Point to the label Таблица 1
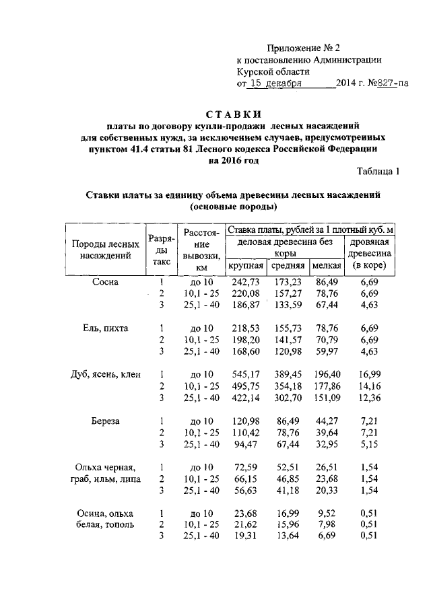tap(378, 171)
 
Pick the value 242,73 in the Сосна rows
tap(245, 282)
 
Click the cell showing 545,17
tap(245, 375)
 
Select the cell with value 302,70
tap(288, 398)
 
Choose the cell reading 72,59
tap(245, 467)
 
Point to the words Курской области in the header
tap(273, 72)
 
